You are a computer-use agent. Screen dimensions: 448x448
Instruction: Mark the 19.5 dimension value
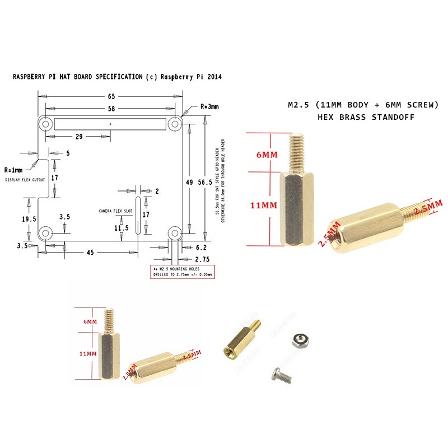[x=29, y=220]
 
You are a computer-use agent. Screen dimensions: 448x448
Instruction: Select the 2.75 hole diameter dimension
[x=202, y=260]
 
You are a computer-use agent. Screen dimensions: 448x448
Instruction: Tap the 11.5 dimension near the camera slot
[x=121, y=228]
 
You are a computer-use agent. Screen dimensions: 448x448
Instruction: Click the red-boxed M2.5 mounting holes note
[x=185, y=272]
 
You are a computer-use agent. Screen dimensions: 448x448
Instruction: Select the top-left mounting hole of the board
[x=45, y=123]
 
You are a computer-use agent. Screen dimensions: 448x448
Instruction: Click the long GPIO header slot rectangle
[x=110, y=123]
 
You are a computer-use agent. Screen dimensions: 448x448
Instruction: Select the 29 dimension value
[x=79, y=136]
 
